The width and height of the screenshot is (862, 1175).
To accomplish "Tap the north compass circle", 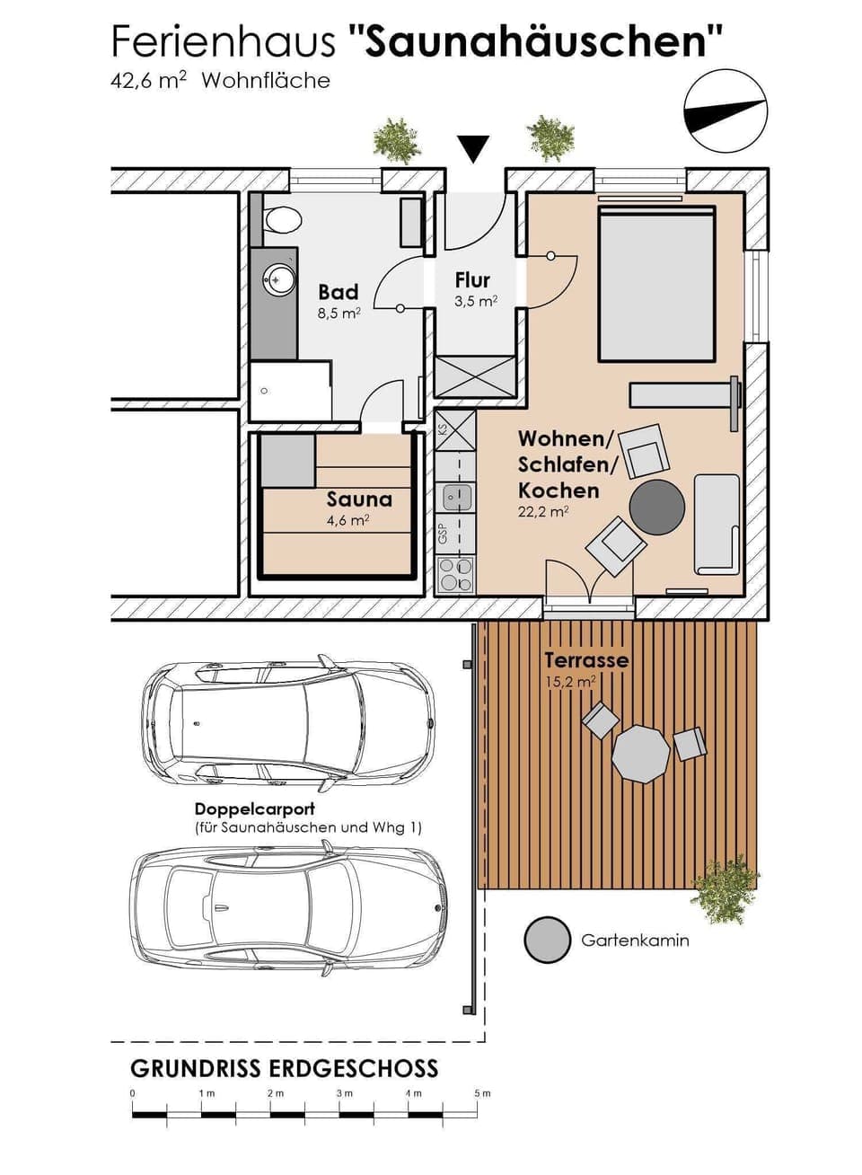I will pos(726,111).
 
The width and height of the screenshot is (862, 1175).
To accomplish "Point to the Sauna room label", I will pos(359,499).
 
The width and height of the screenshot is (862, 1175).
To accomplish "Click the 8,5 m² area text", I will pos(339,314).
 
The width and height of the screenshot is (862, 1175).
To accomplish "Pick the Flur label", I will pos(472,280).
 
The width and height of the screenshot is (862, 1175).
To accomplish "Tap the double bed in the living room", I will pos(656,284).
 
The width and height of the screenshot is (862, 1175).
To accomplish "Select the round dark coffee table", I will pos(657,508).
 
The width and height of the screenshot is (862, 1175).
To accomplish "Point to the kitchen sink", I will pos(454,495).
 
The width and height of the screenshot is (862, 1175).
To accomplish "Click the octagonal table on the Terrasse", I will pos(641,754).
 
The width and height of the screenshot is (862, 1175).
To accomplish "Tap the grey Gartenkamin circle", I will pos(547,941).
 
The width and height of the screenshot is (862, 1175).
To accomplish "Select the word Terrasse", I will pos(585,660).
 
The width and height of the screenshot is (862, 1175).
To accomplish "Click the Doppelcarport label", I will pos(254,809).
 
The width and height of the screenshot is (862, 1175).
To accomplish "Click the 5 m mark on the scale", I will pos(482,1093).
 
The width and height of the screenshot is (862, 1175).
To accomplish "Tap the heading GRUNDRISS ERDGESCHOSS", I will pos(284,1068).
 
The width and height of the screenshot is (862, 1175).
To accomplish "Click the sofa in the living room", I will pos(717,524).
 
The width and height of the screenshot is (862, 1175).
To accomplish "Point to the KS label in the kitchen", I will pos(442,429).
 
